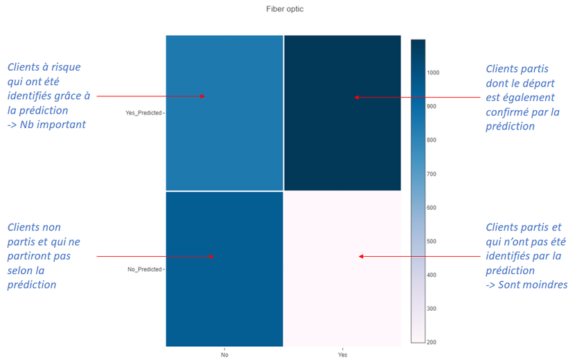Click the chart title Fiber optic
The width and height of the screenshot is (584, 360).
[285, 9]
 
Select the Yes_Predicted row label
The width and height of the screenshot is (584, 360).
[143, 112]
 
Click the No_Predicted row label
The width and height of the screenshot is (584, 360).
[145, 269]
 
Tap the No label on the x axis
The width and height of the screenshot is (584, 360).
[224, 354]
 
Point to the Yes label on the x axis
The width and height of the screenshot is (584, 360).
[342, 354]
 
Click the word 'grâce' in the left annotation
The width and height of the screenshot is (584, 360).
[64, 96]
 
